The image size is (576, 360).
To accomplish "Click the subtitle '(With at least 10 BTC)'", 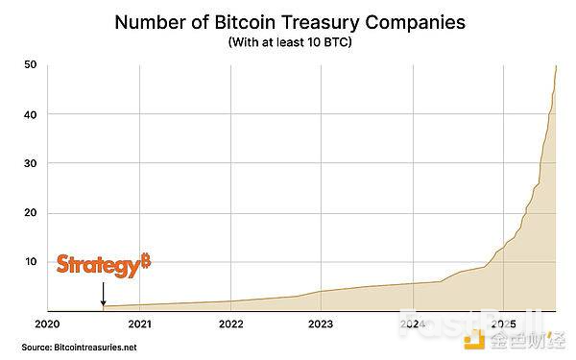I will click(x=287, y=44).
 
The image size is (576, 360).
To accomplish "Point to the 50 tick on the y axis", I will click(x=30, y=65).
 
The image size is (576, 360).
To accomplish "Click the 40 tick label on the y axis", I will click(x=30, y=114).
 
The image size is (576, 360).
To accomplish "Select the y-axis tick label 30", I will click(x=30, y=163).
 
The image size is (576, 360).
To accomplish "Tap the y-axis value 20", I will click(x=30, y=213).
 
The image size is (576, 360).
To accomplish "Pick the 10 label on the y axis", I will click(x=30, y=262).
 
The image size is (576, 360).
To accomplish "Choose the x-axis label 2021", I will click(x=139, y=324).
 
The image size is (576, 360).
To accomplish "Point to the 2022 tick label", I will click(x=230, y=324).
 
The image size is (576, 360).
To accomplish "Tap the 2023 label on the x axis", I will click(x=322, y=324).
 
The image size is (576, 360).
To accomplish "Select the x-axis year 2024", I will click(x=413, y=324).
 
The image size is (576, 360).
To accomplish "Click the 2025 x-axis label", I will click(x=504, y=324).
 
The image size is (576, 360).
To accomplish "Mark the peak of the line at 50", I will click(x=557, y=65).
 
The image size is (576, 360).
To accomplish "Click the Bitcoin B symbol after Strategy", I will click(x=146, y=261).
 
